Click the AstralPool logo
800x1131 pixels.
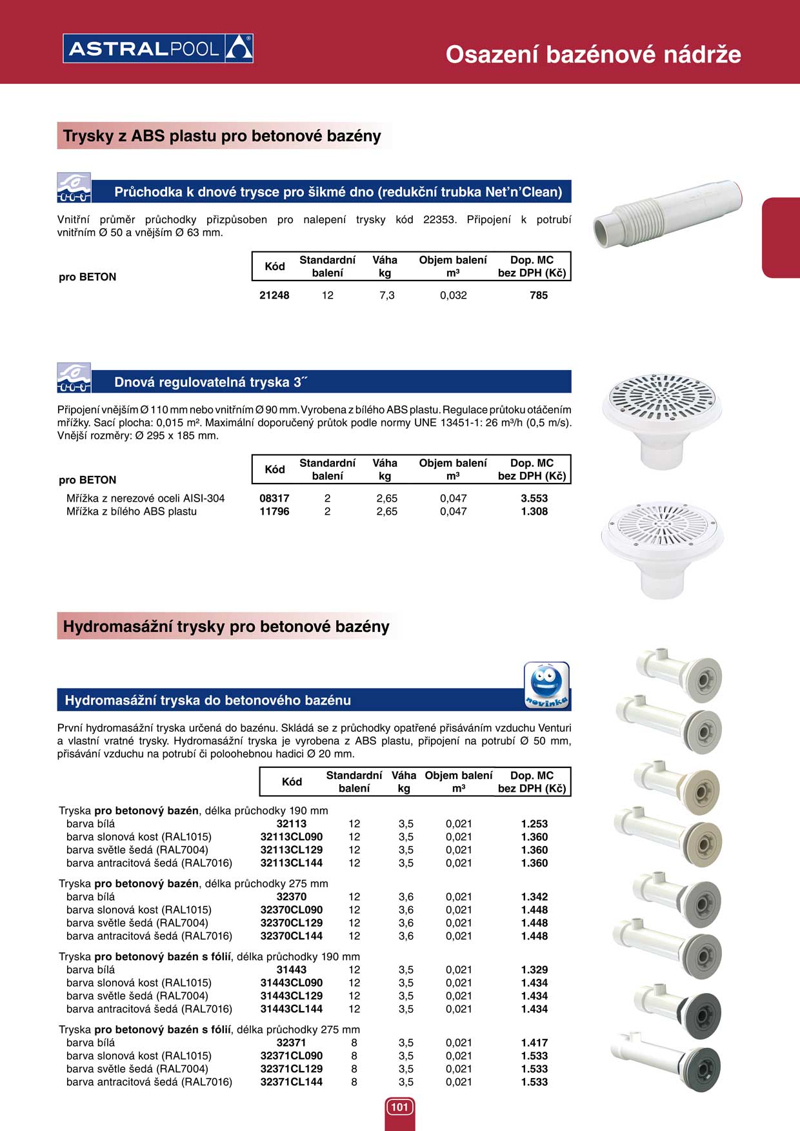[x=158, y=48]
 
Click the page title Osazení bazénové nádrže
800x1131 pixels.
[x=593, y=54]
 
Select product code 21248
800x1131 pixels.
[x=274, y=295]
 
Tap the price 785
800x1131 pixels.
[x=538, y=295]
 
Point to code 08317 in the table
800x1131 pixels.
[x=274, y=498]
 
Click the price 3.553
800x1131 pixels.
[x=534, y=498]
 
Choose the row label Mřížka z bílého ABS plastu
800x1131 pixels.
[x=132, y=511]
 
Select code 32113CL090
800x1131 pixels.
[x=292, y=837]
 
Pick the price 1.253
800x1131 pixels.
[x=534, y=824]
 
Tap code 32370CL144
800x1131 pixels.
[x=292, y=936]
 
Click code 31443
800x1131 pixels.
[x=292, y=970]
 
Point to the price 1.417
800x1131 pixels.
[x=534, y=1043]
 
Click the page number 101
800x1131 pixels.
[x=399, y=1107]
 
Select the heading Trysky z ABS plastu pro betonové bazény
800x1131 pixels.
[x=222, y=136]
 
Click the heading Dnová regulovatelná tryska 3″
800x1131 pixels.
[x=210, y=382]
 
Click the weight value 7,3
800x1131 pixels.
[x=386, y=295]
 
